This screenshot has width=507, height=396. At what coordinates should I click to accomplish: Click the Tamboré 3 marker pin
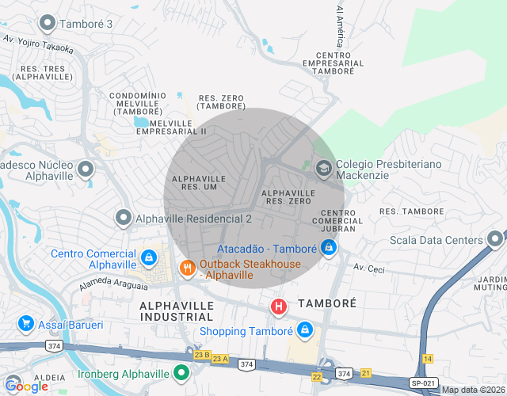(48, 23)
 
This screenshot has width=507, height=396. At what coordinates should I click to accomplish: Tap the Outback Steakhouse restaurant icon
(188, 268)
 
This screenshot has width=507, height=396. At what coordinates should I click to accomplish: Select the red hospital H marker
(279, 306)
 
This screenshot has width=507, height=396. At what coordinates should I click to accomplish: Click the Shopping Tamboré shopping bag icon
(305, 329)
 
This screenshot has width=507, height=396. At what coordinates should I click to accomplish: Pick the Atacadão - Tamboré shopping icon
(329, 248)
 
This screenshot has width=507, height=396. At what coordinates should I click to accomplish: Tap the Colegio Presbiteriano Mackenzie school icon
(323, 168)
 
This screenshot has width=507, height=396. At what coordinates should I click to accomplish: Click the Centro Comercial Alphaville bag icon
(149, 258)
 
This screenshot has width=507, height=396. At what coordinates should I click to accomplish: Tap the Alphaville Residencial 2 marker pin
(124, 217)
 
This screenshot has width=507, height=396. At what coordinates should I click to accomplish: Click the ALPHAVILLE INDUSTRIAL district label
(177, 311)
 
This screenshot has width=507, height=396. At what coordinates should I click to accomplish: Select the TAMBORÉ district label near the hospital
(327, 303)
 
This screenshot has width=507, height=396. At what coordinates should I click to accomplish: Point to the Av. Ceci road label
(369, 269)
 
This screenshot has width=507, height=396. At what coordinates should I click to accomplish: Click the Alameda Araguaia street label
(113, 282)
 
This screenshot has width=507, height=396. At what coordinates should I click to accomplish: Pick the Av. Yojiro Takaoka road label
(38, 43)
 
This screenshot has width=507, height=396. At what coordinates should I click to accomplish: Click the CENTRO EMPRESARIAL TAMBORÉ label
(333, 63)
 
